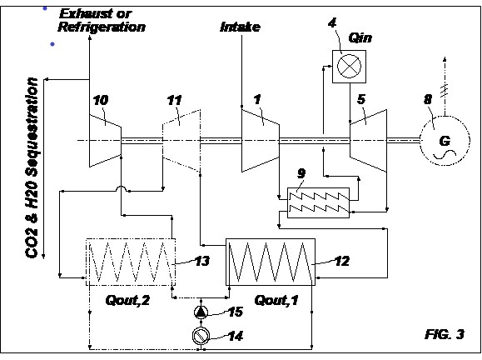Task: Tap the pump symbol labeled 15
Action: [x=201, y=312]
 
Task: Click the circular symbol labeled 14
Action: [x=201, y=335]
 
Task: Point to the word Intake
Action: [x=241, y=27]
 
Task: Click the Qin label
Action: [x=360, y=38]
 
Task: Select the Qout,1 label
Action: [x=276, y=300]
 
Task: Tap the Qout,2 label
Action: [x=127, y=300]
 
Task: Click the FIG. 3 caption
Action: [x=445, y=334]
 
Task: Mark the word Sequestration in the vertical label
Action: [x=32, y=127]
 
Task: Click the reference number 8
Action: [x=428, y=99]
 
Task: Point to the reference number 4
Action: [x=332, y=22]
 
